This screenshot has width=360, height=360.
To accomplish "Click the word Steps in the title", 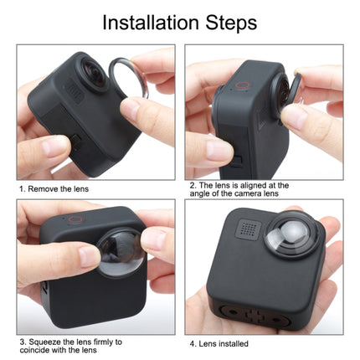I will pos(230,22).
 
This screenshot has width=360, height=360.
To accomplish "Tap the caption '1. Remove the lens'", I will pos(54,189).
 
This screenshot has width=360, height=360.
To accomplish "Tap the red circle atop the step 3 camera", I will pos(75,219).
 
